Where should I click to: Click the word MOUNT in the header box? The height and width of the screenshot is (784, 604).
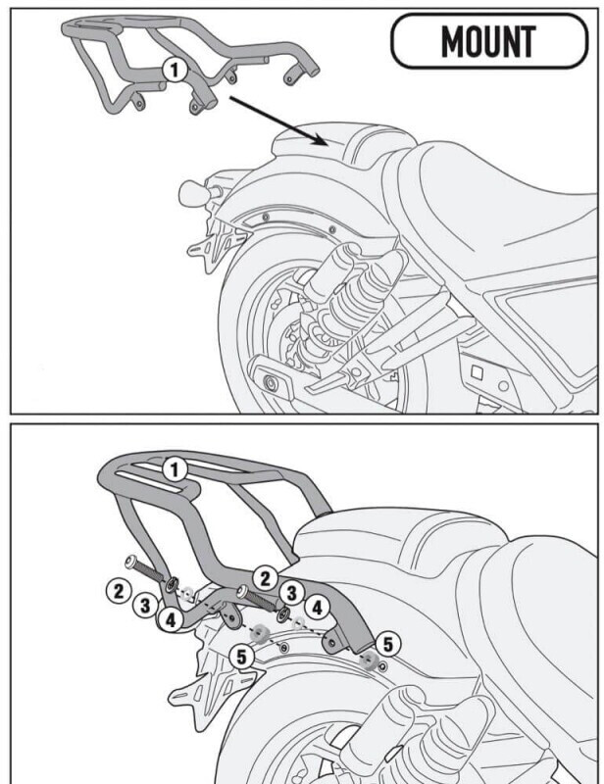point(487,42)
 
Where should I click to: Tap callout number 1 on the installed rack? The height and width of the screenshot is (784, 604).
point(175,470)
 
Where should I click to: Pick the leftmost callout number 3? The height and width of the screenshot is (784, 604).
point(145,605)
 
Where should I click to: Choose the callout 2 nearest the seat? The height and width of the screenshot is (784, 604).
point(263,577)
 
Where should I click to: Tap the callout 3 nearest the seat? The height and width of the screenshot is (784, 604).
point(290,592)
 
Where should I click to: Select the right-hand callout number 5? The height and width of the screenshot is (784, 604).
point(388,643)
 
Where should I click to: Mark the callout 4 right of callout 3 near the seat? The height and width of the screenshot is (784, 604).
point(317,607)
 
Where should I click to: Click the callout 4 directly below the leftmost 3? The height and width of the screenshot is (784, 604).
point(171,618)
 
